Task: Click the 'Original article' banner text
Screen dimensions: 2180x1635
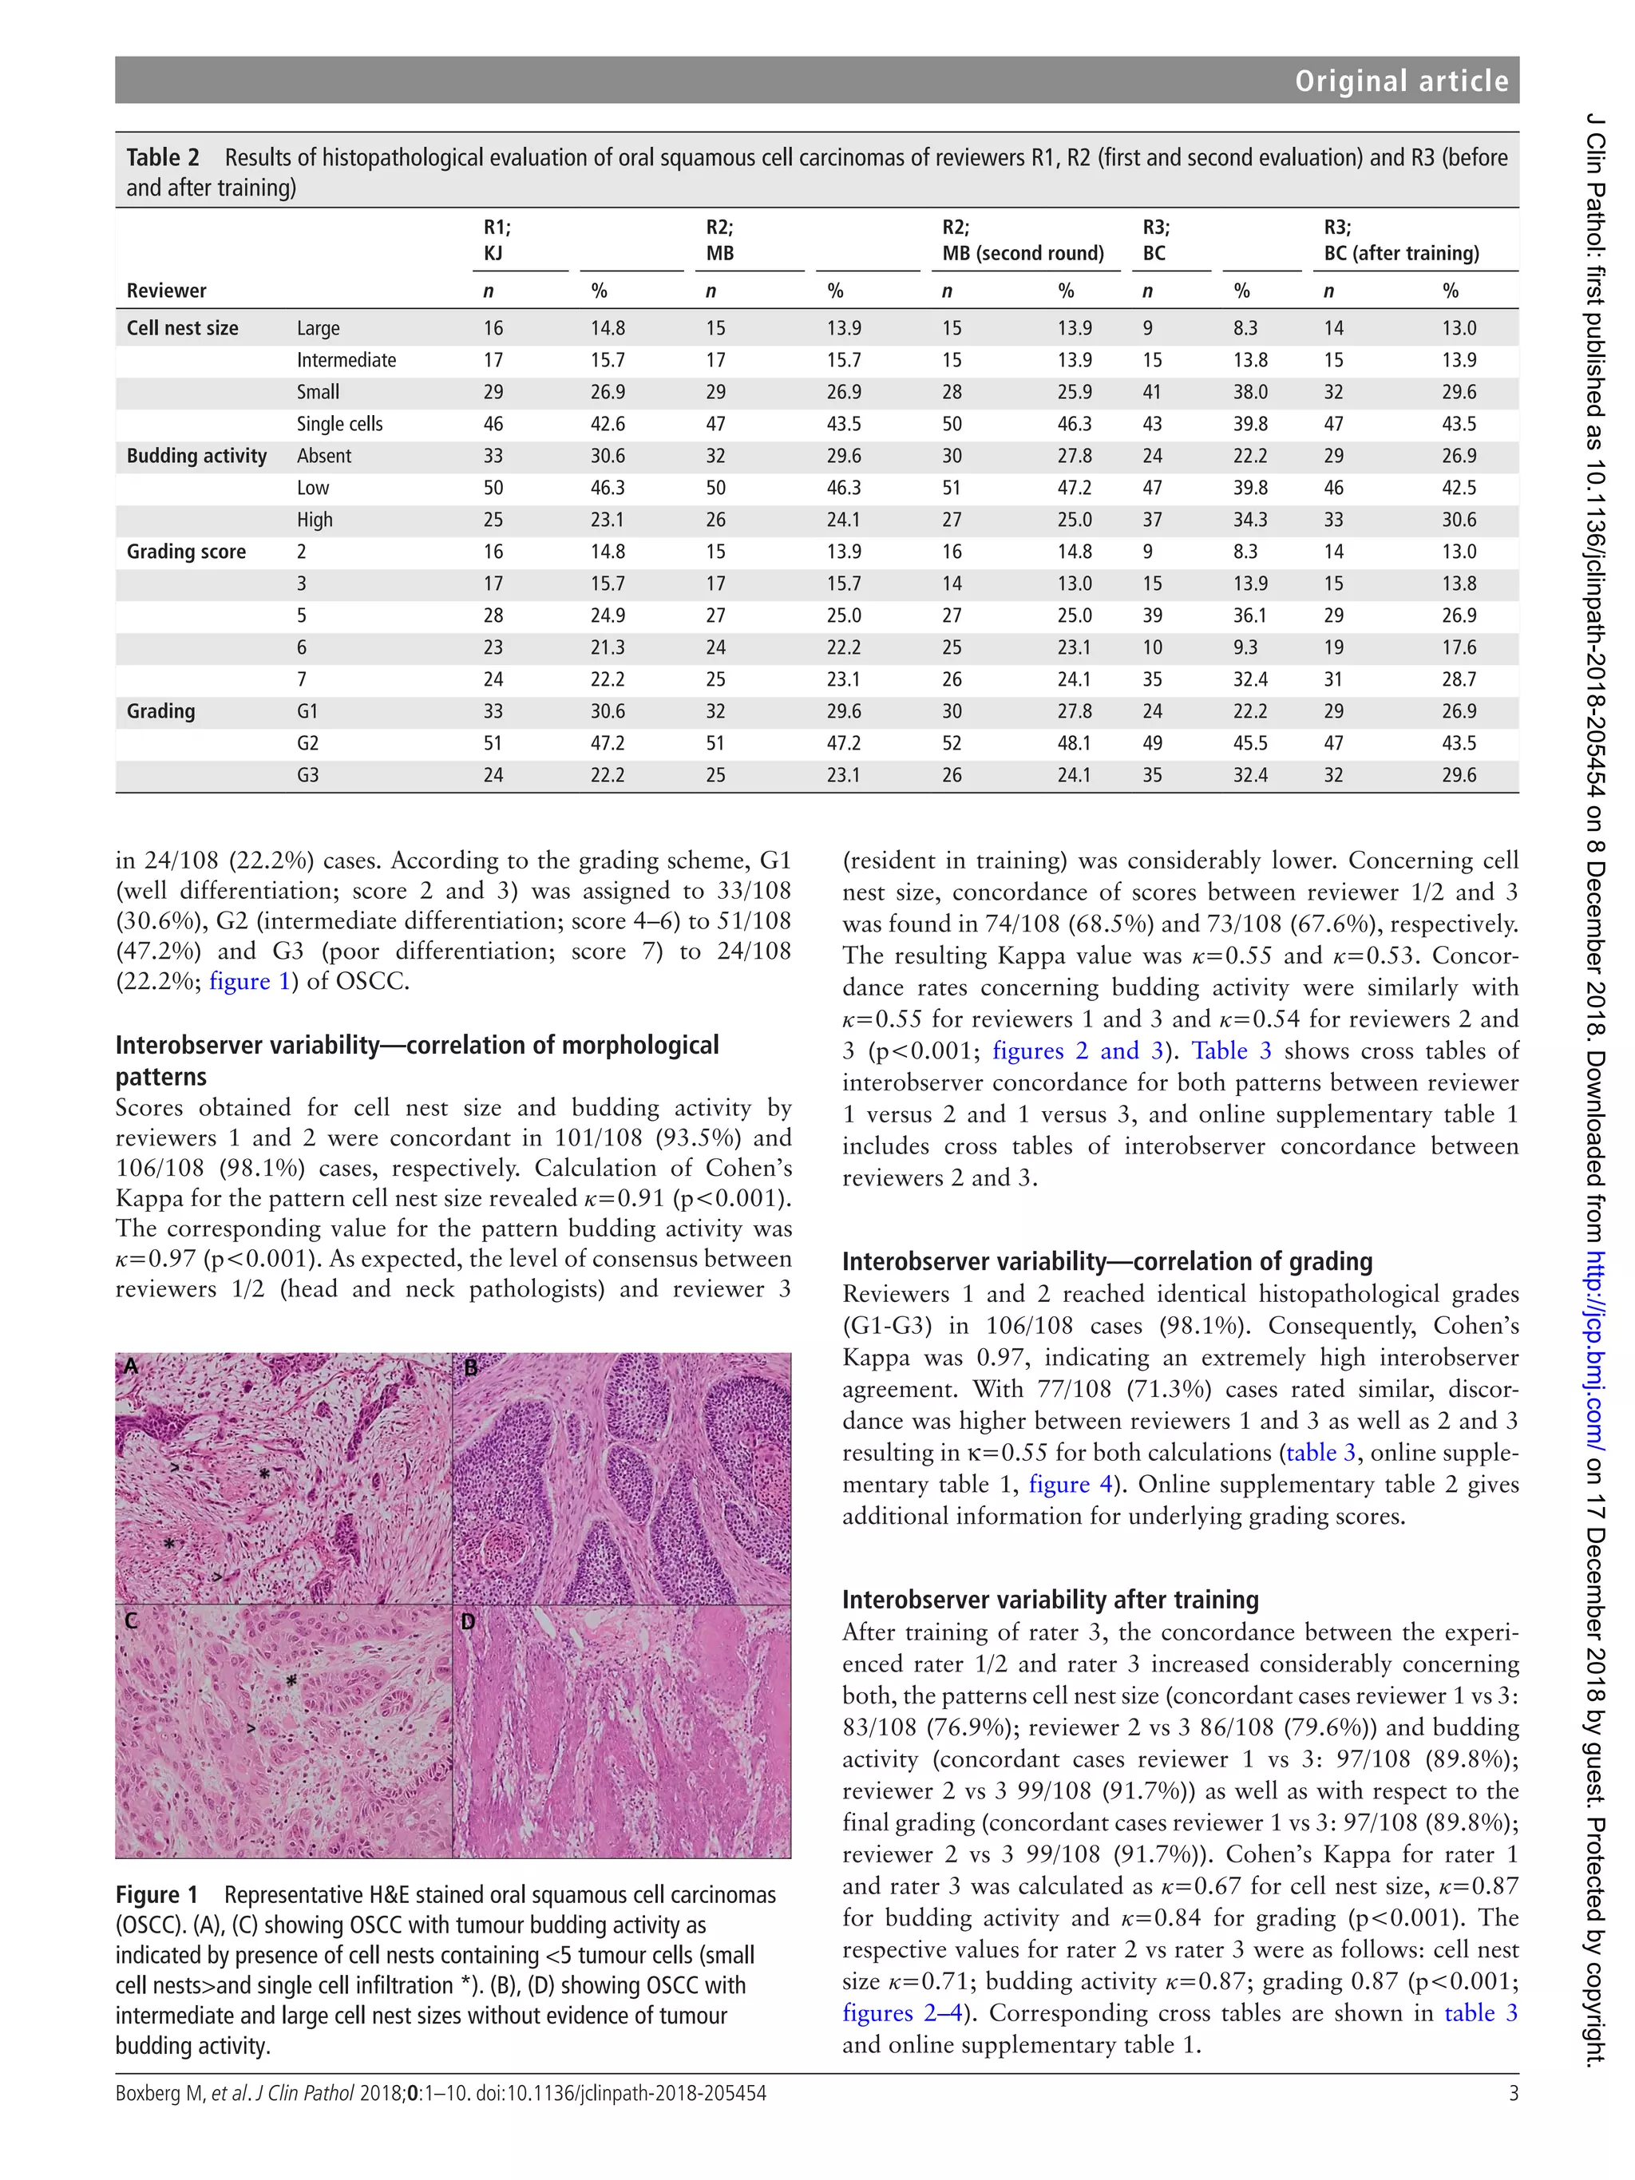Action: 1400,81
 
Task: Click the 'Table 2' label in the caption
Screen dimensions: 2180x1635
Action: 163,158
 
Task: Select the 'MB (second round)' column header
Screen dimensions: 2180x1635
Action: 1022,253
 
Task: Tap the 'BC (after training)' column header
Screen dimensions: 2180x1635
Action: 1400,253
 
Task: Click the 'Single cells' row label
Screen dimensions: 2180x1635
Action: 339,424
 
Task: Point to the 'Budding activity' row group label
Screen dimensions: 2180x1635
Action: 196,455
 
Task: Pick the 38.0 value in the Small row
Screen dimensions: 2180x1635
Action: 1249,392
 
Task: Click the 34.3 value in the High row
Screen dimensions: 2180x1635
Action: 1249,520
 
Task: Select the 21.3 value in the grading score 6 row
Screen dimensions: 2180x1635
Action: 607,647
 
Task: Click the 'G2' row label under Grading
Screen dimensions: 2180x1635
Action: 307,743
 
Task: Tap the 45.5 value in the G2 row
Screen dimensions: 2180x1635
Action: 1249,743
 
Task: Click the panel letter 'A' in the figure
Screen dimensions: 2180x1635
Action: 130,1365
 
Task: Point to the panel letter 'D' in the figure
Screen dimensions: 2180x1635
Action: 468,1620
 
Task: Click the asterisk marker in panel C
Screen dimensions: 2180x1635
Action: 291,1680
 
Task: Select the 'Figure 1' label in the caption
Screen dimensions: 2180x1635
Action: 156,1894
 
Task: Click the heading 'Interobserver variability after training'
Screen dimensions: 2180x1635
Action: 1050,1599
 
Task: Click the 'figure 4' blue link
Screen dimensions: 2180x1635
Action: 1059,1484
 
